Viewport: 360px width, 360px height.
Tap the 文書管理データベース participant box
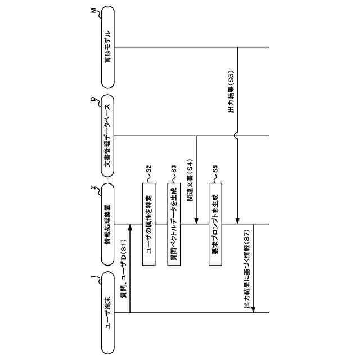coord(109,136)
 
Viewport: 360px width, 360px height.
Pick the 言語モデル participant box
coord(109,47)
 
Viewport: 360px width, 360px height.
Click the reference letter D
coord(93,100)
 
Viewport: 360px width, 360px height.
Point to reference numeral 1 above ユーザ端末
coord(93,276)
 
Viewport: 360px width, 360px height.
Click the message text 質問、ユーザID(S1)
coord(124,269)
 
